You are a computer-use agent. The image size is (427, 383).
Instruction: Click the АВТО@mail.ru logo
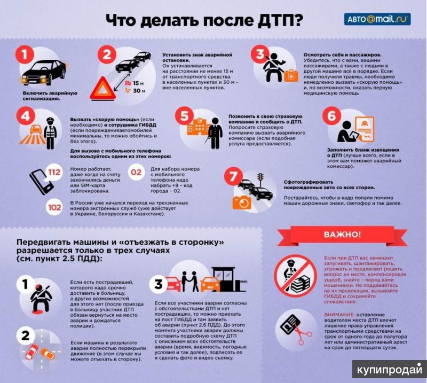click(377, 19)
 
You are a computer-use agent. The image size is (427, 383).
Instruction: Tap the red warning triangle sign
click(103, 89)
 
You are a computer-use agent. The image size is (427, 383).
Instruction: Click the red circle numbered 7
click(233, 176)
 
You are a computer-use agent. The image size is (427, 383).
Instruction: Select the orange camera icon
click(242, 202)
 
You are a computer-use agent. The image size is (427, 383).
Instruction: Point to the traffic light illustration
click(261, 179)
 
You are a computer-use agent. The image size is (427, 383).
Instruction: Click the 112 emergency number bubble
click(54, 173)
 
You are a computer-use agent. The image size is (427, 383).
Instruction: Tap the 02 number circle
click(136, 173)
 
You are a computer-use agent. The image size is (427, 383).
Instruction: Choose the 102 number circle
click(54, 208)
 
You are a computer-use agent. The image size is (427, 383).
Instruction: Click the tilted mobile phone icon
click(41, 182)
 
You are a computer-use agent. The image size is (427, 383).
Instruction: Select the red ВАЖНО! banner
click(342, 235)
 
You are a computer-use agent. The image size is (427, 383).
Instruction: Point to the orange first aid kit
click(291, 75)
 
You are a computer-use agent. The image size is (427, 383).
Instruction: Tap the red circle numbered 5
click(184, 115)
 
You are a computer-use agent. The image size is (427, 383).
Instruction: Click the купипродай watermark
click(390, 369)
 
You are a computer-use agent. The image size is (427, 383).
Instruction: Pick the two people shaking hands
click(190, 281)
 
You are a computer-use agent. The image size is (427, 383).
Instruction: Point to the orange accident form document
click(365, 129)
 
